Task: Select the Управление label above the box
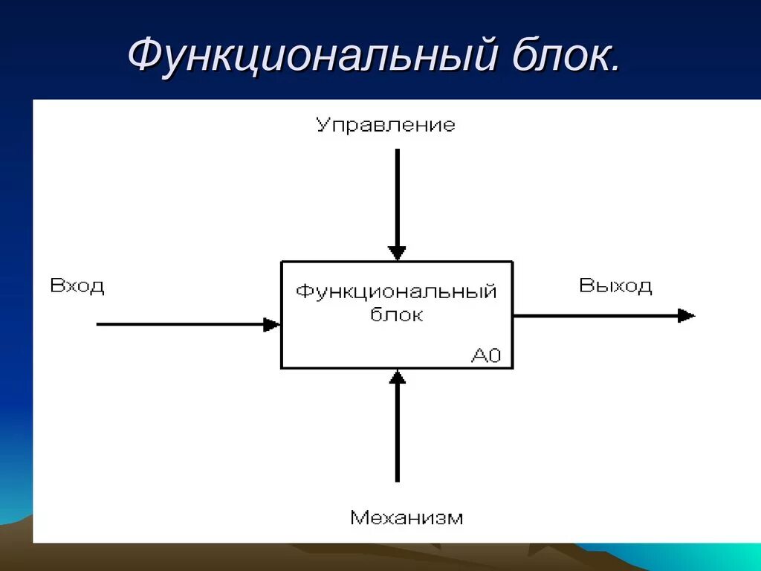pyautogui.click(x=385, y=124)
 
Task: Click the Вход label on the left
pyautogui.click(x=77, y=286)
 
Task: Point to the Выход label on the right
pyautogui.click(x=615, y=286)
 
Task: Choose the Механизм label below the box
pyautogui.click(x=406, y=517)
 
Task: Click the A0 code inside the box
pyautogui.click(x=487, y=356)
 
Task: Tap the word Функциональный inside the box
pyautogui.click(x=396, y=291)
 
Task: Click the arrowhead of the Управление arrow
pyautogui.click(x=398, y=252)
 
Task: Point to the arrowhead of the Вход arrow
pyautogui.click(x=272, y=324)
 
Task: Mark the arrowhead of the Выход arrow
pyautogui.click(x=686, y=315)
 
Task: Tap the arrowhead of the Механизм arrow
pyautogui.click(x=398, y=378)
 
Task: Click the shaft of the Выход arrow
pyautogui.click(x=595, y=315)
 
